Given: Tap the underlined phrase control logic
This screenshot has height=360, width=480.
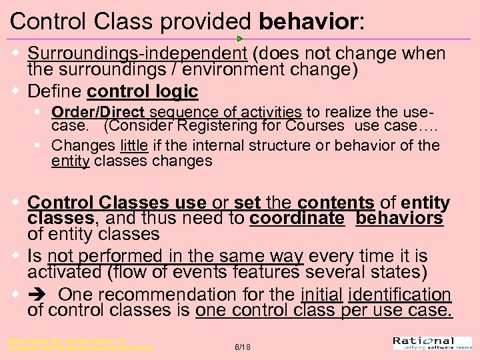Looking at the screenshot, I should coord(143,91).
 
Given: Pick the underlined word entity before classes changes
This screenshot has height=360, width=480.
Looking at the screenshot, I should coord(71,161).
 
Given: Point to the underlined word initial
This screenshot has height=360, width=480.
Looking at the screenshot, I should coord(321,295).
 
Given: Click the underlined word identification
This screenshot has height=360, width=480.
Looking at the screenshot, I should coord(399,295).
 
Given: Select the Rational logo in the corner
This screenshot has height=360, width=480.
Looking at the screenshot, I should coord(434,343).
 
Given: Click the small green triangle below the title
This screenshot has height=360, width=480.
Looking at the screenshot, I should coord(240,39).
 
